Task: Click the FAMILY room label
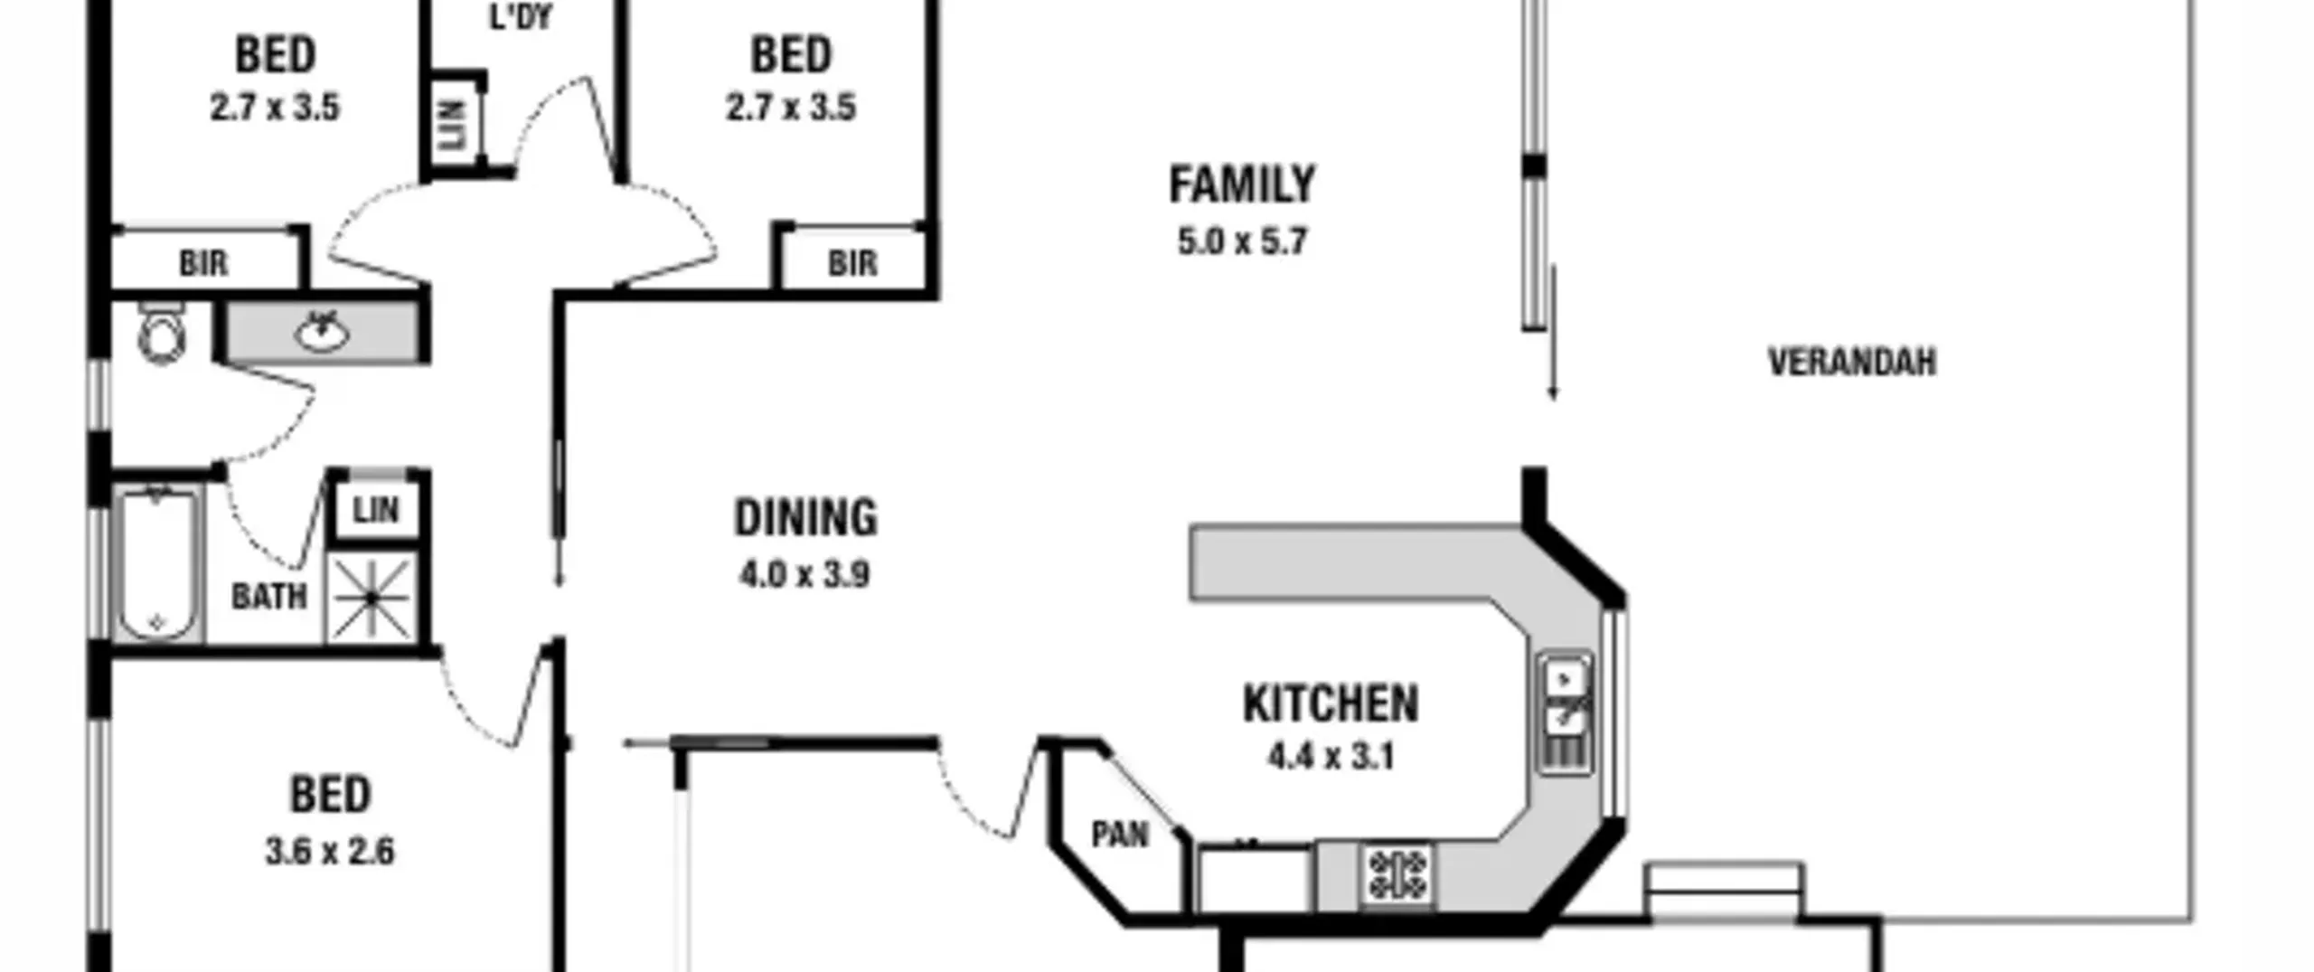pyautogui.click(x=1242, y=184)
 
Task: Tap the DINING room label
pyautogui.click(x=805, y=518)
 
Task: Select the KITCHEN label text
pyautogui.click(x=1331, y=703)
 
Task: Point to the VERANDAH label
pyautogui.click(x=1852, y=363)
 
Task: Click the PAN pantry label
pyautogui.click(x=1120, y=835)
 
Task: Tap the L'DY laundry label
pyautogui.click(x=521, y=17)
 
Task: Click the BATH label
pyautogui.click(x=269, y=597)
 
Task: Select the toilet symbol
pyautogui.click(x=162, y=333)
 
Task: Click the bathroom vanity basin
pyautogui.click(x=322, y=331)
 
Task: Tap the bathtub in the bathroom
pyautogui.click(x=157, y=564)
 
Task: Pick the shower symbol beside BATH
pyautogui.click(x=372, y=598)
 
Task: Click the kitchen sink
pyautogui.click(x=1566, y=713)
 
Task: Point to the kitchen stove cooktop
pyautogui.click(x=1397, y=874)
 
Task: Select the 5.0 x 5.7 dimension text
pyautogui.click(x=1242, y=242)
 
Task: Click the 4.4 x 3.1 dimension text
pyautogui.click(x=1331, y=756)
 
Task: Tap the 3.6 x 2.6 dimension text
pyautogui.click(x=330, y=852)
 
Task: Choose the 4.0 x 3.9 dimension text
pyautogui.click(x=805, y=575)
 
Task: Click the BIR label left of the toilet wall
pyautogui.click(x=203, y=264)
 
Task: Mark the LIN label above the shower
pyautogui.click(x=376, y=511)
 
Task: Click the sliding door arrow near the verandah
pyautogui.click(x=1553, y=333)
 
